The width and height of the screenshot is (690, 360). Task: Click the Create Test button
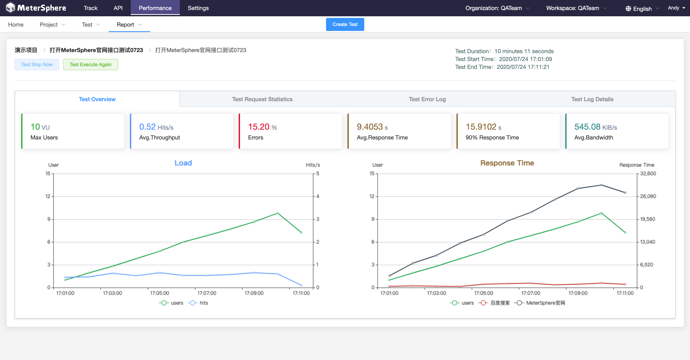pyautogui.click(x=345, y=24)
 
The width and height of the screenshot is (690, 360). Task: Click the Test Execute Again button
pyautogui.click(x=90, y=65)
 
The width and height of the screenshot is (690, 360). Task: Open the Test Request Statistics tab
pyautogui.click(x=262, y=99)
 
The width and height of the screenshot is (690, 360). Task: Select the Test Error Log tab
pyautogui.click(x=427, y=99)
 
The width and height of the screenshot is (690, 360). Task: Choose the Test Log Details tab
pyautogui.click(x=592, y=99)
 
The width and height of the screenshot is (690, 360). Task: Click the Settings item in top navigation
pyautogui.click(x=198, y=8)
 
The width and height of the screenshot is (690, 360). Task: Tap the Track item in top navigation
pyautogui.click(x=90, y=8)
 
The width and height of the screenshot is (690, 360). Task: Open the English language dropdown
pyautogui.click(x=642, y=9)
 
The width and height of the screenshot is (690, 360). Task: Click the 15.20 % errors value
pyautogui.click(x=262, y=127)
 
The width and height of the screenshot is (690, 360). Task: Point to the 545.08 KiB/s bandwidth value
pyautogui.click(x=595, y=127)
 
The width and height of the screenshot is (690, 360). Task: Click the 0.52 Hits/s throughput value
pyautogui.click(x=156, y=127)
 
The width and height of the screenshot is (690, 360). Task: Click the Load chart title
pyautogui.click(x=183, y=163)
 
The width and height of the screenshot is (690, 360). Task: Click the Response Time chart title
pyautogui.click(x=507, y=163)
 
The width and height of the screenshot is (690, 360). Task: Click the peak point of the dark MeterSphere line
pyautogui.click(x=602, y=185)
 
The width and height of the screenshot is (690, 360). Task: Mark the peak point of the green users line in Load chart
pyautogui.click(x=277, y=213)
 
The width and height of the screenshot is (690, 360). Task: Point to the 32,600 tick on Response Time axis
pyautogui.click(x=648, y=174)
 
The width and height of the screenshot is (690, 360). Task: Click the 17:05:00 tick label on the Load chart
pyautogui.click(x=159, y=293)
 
